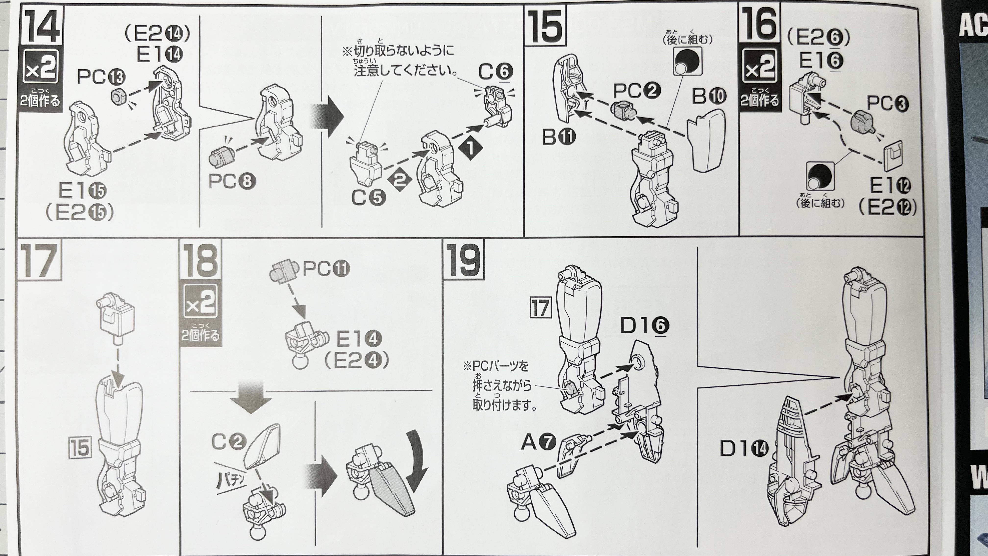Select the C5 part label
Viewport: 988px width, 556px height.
coord(369,198)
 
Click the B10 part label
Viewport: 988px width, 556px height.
coord(709,97)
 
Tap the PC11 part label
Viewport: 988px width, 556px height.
coord(326,268)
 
